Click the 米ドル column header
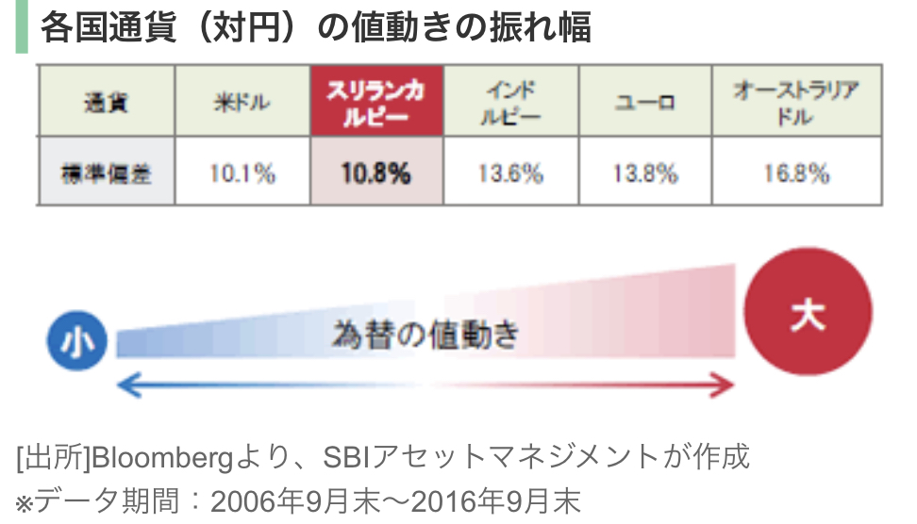[242, 102]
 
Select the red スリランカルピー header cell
[376, 102]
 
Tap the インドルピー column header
[510, 102]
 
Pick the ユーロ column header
[645, 102]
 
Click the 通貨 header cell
[106, 102]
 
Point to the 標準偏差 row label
[106, 172]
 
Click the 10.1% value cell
[242, 172]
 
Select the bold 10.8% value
[376, 172]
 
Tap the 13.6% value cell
[510, 172]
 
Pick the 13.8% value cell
[645, 172]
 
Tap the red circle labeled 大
[808, 312]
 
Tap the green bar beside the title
[22, 26]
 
